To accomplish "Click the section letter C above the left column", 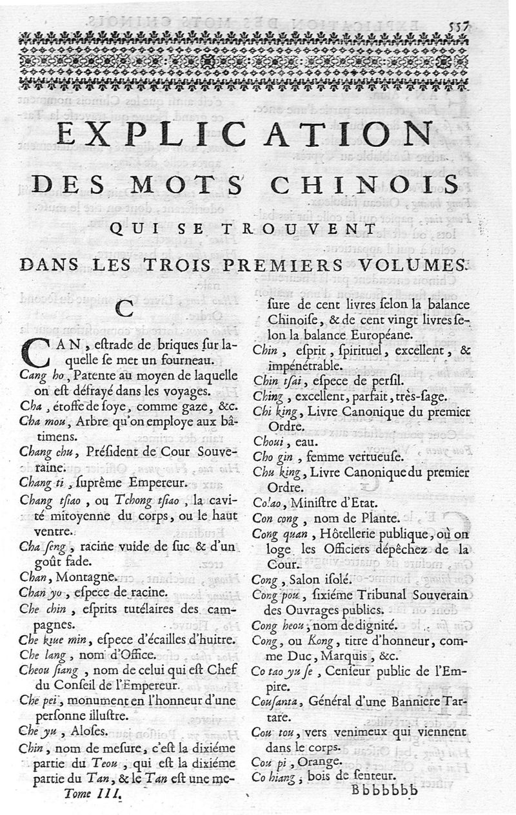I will click(x=123, y=309).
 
